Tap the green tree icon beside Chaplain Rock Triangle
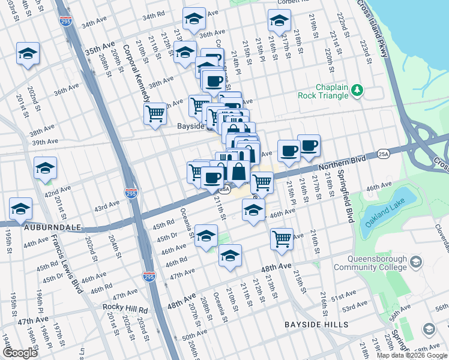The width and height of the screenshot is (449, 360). click(358, 90)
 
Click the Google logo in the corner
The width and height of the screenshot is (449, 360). click(21, 352)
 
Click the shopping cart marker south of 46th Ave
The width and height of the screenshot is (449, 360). click(282, 238)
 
